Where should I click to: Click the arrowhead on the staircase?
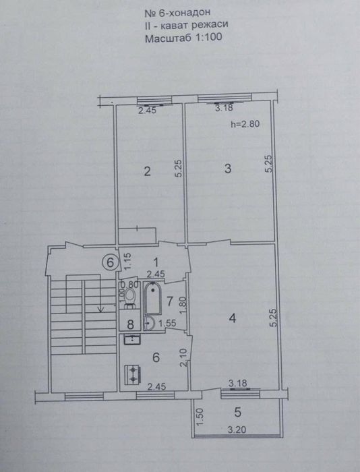(x=100, y=310)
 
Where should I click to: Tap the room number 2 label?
(x=146, y=172)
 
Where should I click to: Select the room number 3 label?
(x=229, y=169)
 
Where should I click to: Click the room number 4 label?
(x=231, y=319)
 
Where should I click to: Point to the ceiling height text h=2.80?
(x=245, y=124)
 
